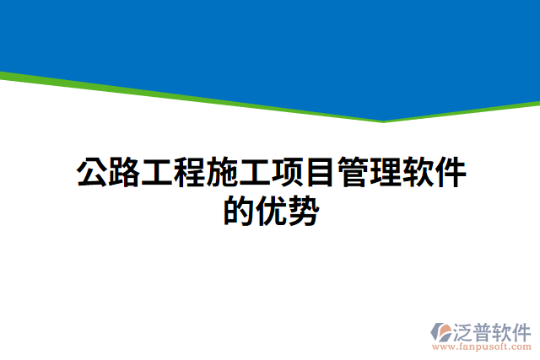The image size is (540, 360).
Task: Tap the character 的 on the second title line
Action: click(239, 211)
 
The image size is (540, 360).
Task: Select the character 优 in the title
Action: click(271, 211)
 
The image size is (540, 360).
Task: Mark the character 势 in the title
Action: click(303, 211)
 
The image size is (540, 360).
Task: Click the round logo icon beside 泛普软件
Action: click(440, 332)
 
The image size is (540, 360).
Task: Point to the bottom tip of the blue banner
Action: click(384, 120)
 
